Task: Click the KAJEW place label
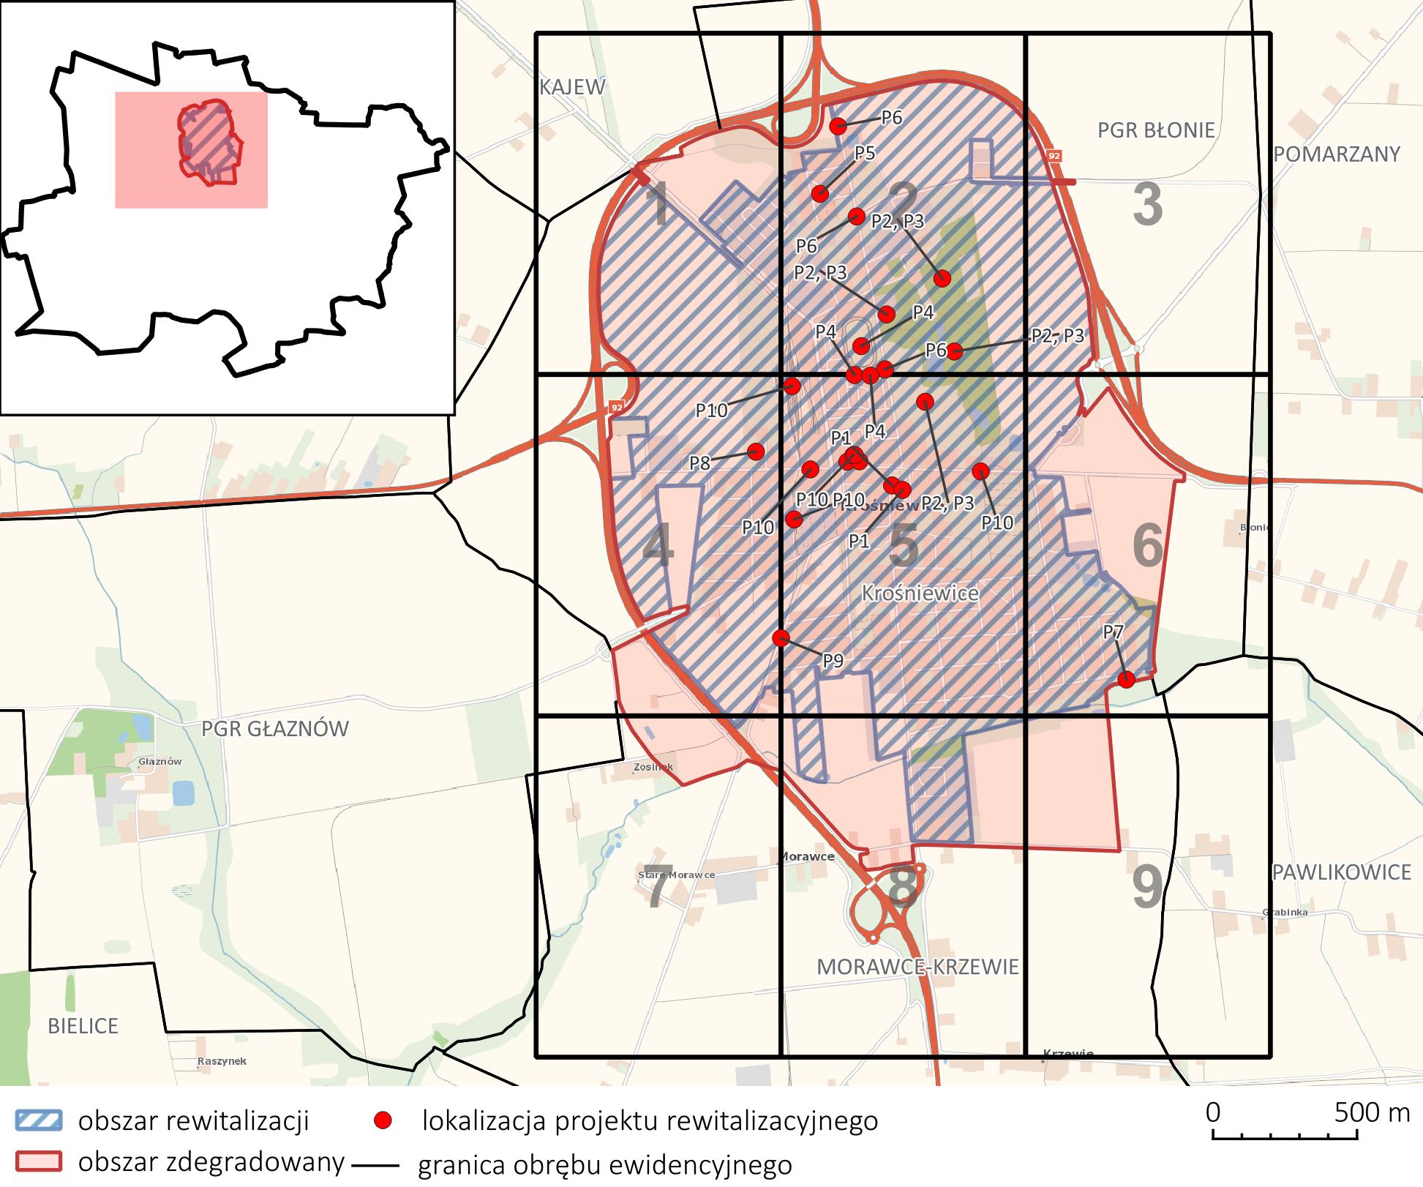point(572,87)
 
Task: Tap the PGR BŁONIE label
point(1156,130)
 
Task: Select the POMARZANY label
point(1337,154)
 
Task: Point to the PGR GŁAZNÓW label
point(275,728)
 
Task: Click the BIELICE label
point(83,1026)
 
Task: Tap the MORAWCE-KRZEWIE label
point(917,967)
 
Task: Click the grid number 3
point(1147,206)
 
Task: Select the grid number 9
point(1146,887)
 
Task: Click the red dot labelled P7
point(1127,679)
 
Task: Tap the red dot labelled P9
point(781,637)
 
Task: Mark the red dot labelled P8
point(756,451)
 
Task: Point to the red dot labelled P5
point(820,193)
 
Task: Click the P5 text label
point(865,153)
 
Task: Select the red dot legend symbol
point(383,1120)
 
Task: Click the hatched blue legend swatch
point(38,1120)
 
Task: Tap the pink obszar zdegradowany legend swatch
point(38,1161)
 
